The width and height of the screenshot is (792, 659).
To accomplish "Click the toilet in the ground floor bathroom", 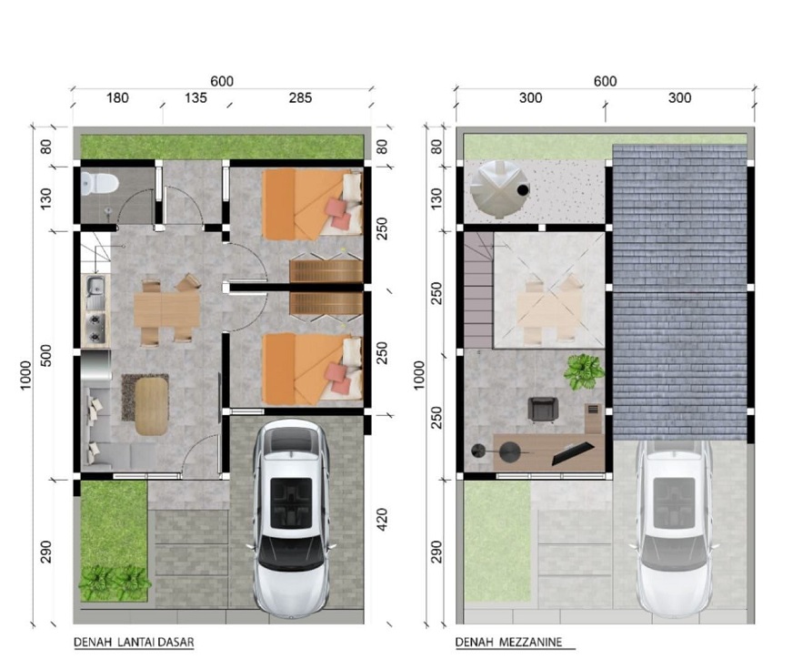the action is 99,183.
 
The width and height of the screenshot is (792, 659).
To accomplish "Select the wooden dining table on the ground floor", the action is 166,309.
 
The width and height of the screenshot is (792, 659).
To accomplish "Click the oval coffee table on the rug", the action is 152,407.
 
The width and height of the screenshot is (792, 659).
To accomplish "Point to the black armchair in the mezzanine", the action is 543,410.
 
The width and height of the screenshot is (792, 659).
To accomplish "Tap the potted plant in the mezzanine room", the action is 584,371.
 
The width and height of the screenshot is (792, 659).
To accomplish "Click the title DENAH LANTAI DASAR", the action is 134,643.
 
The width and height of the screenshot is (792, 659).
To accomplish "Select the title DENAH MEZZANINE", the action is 508,643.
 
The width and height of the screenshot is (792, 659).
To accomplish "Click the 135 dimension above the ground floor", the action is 195,97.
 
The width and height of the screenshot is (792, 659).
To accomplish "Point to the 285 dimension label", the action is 301,97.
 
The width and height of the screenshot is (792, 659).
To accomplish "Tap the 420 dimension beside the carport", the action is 382,520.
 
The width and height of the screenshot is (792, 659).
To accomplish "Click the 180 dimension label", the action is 117,97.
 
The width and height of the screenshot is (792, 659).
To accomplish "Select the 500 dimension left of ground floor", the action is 45,356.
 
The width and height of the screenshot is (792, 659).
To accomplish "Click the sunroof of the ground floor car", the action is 291,503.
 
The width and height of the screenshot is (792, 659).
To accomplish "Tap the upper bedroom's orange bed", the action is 312,204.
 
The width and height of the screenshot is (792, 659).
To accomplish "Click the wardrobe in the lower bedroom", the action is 326,303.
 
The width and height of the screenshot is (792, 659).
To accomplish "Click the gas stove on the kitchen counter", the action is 95,327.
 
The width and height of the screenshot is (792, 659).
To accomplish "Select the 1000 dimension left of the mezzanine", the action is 419,375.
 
